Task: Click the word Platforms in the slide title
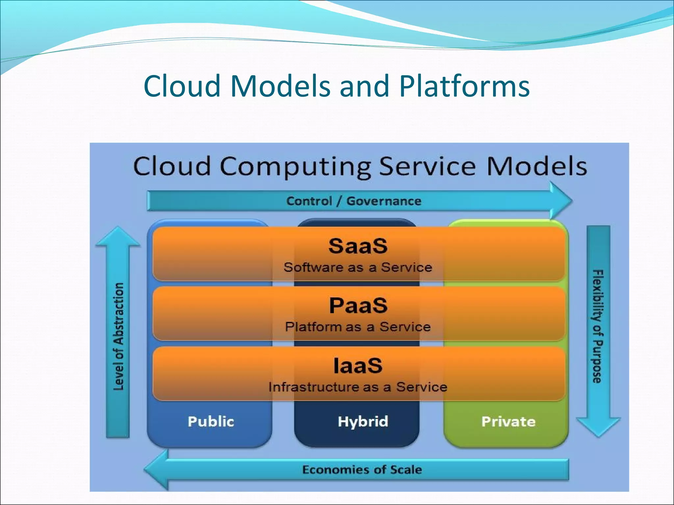[464, 86]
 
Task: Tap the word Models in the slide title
[280, 86]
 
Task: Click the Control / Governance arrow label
[354, 201]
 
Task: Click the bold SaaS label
[358, 246]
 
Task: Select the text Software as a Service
[358, 267]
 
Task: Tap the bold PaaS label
[358, 305]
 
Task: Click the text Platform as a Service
[358, 327]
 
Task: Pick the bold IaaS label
[358, 366]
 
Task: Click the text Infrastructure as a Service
[358, 387]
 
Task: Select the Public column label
[211, 421]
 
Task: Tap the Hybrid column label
[363, 421]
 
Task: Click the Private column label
[508, 421]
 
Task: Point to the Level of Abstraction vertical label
[118, 336]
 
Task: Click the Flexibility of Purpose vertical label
[598, 326]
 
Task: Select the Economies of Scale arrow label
[362, 469]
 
